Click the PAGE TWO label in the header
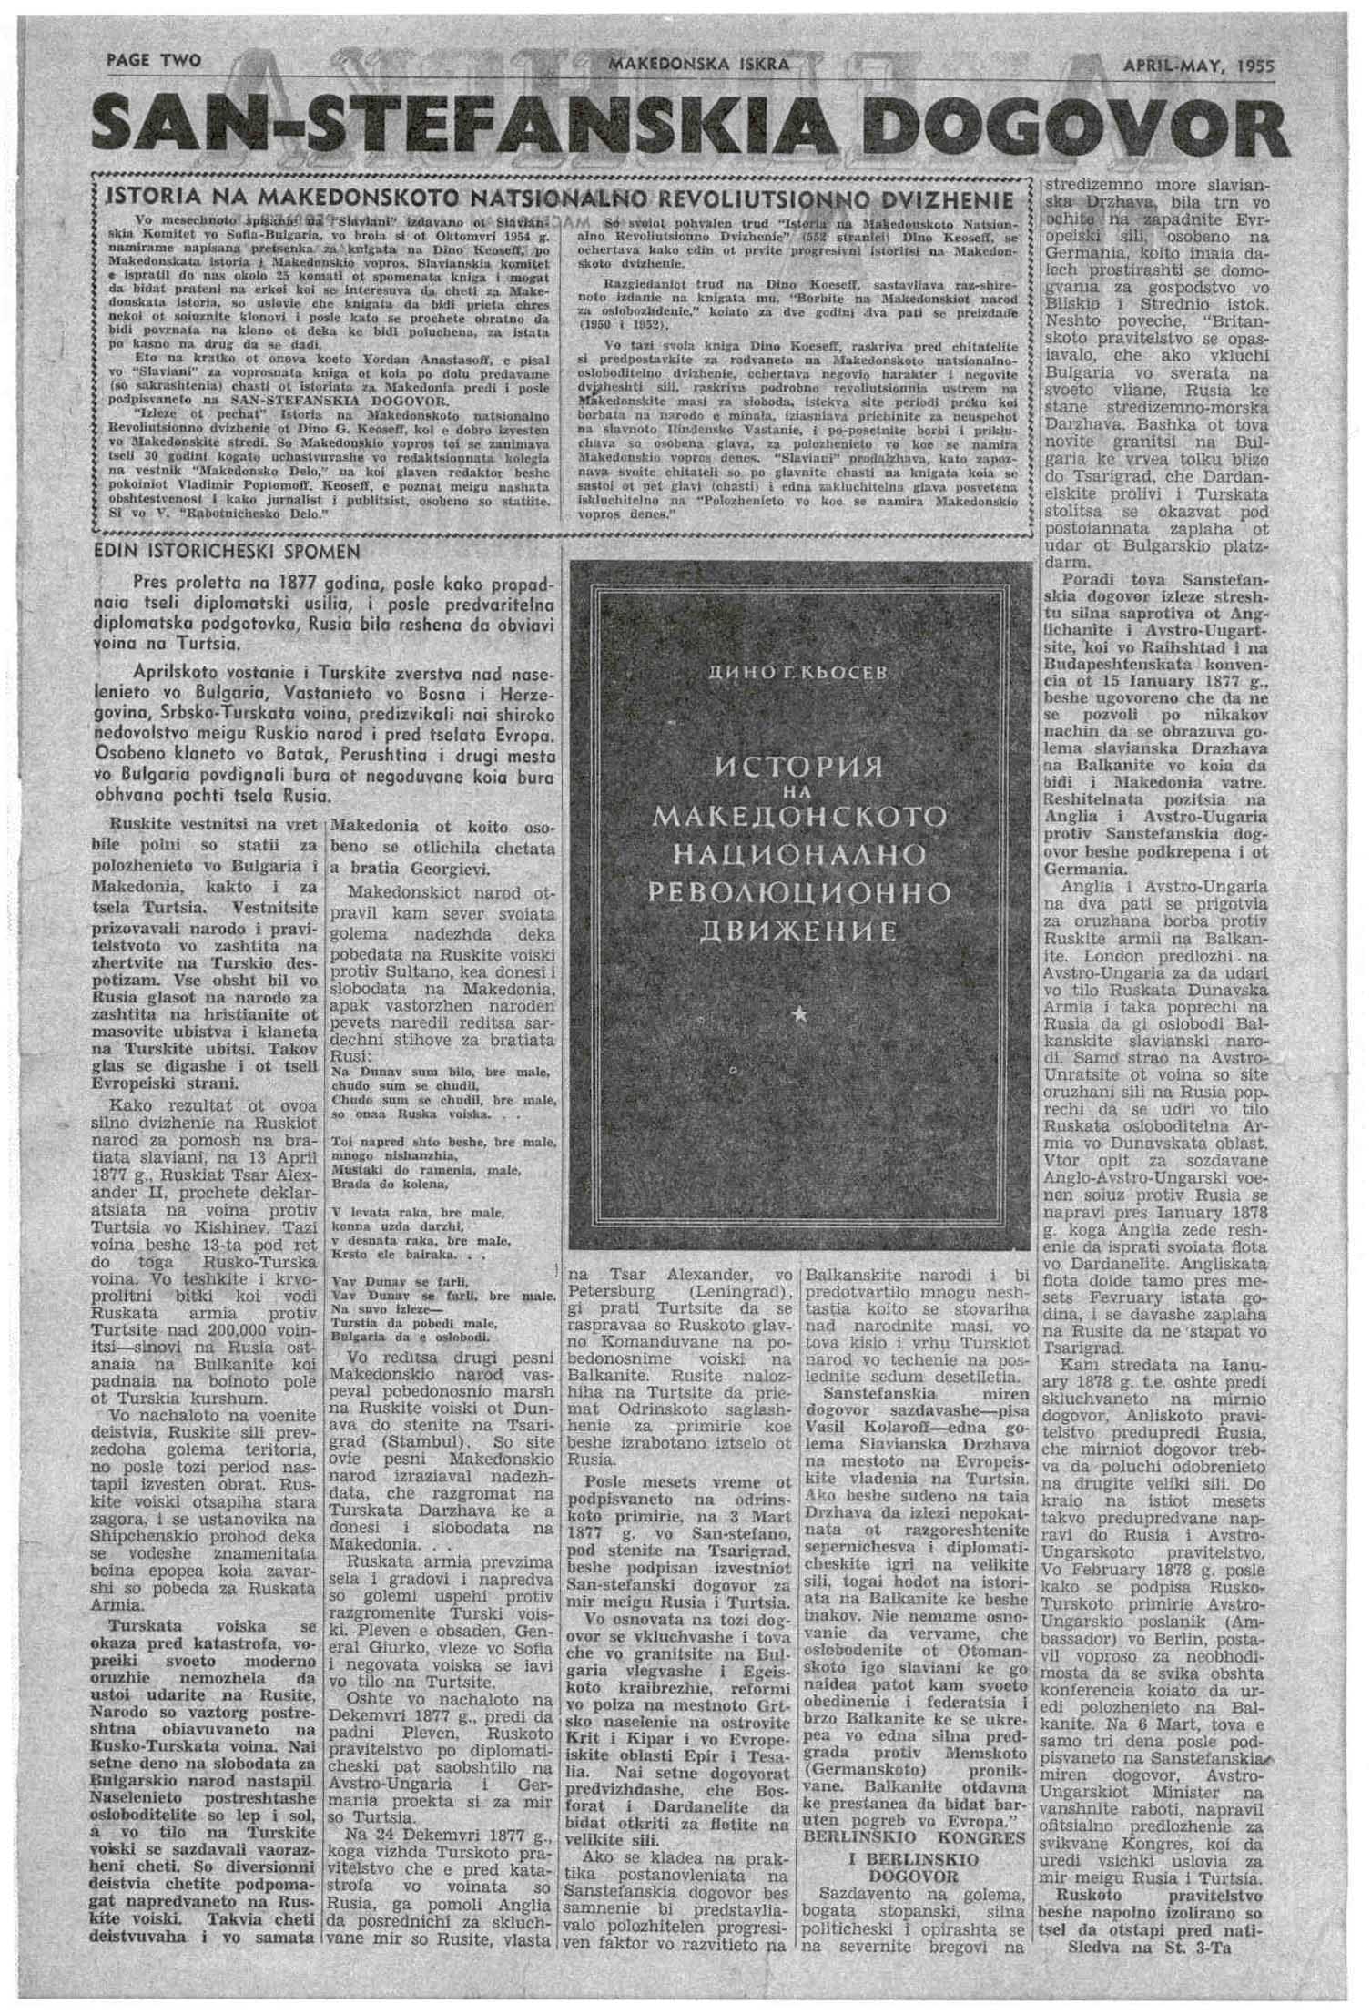pyautogui.click(x=154, y=61)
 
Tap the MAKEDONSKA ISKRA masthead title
pyautogui.click(x=698, y=65)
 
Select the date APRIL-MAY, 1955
pyautogui.click(x=1198, y=66)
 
